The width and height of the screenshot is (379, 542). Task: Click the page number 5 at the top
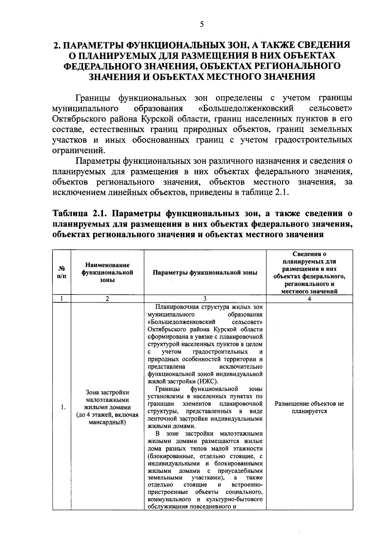coord(202,25)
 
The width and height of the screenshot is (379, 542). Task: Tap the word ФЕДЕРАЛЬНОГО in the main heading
coord(102,66)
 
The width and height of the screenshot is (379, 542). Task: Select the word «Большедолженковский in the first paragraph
coord(246,109)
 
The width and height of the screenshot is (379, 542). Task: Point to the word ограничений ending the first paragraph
coord(78,150)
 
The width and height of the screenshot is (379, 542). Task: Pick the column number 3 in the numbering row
coord(205,299)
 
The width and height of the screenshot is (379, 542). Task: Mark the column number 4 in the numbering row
coord(309,299)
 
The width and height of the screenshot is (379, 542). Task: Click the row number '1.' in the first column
coord(63,407)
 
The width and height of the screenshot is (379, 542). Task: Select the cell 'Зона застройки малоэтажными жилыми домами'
coord(107,400)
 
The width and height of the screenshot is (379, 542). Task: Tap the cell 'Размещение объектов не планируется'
coord(309,407)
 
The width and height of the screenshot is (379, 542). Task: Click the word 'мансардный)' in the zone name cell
coord(107,422)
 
